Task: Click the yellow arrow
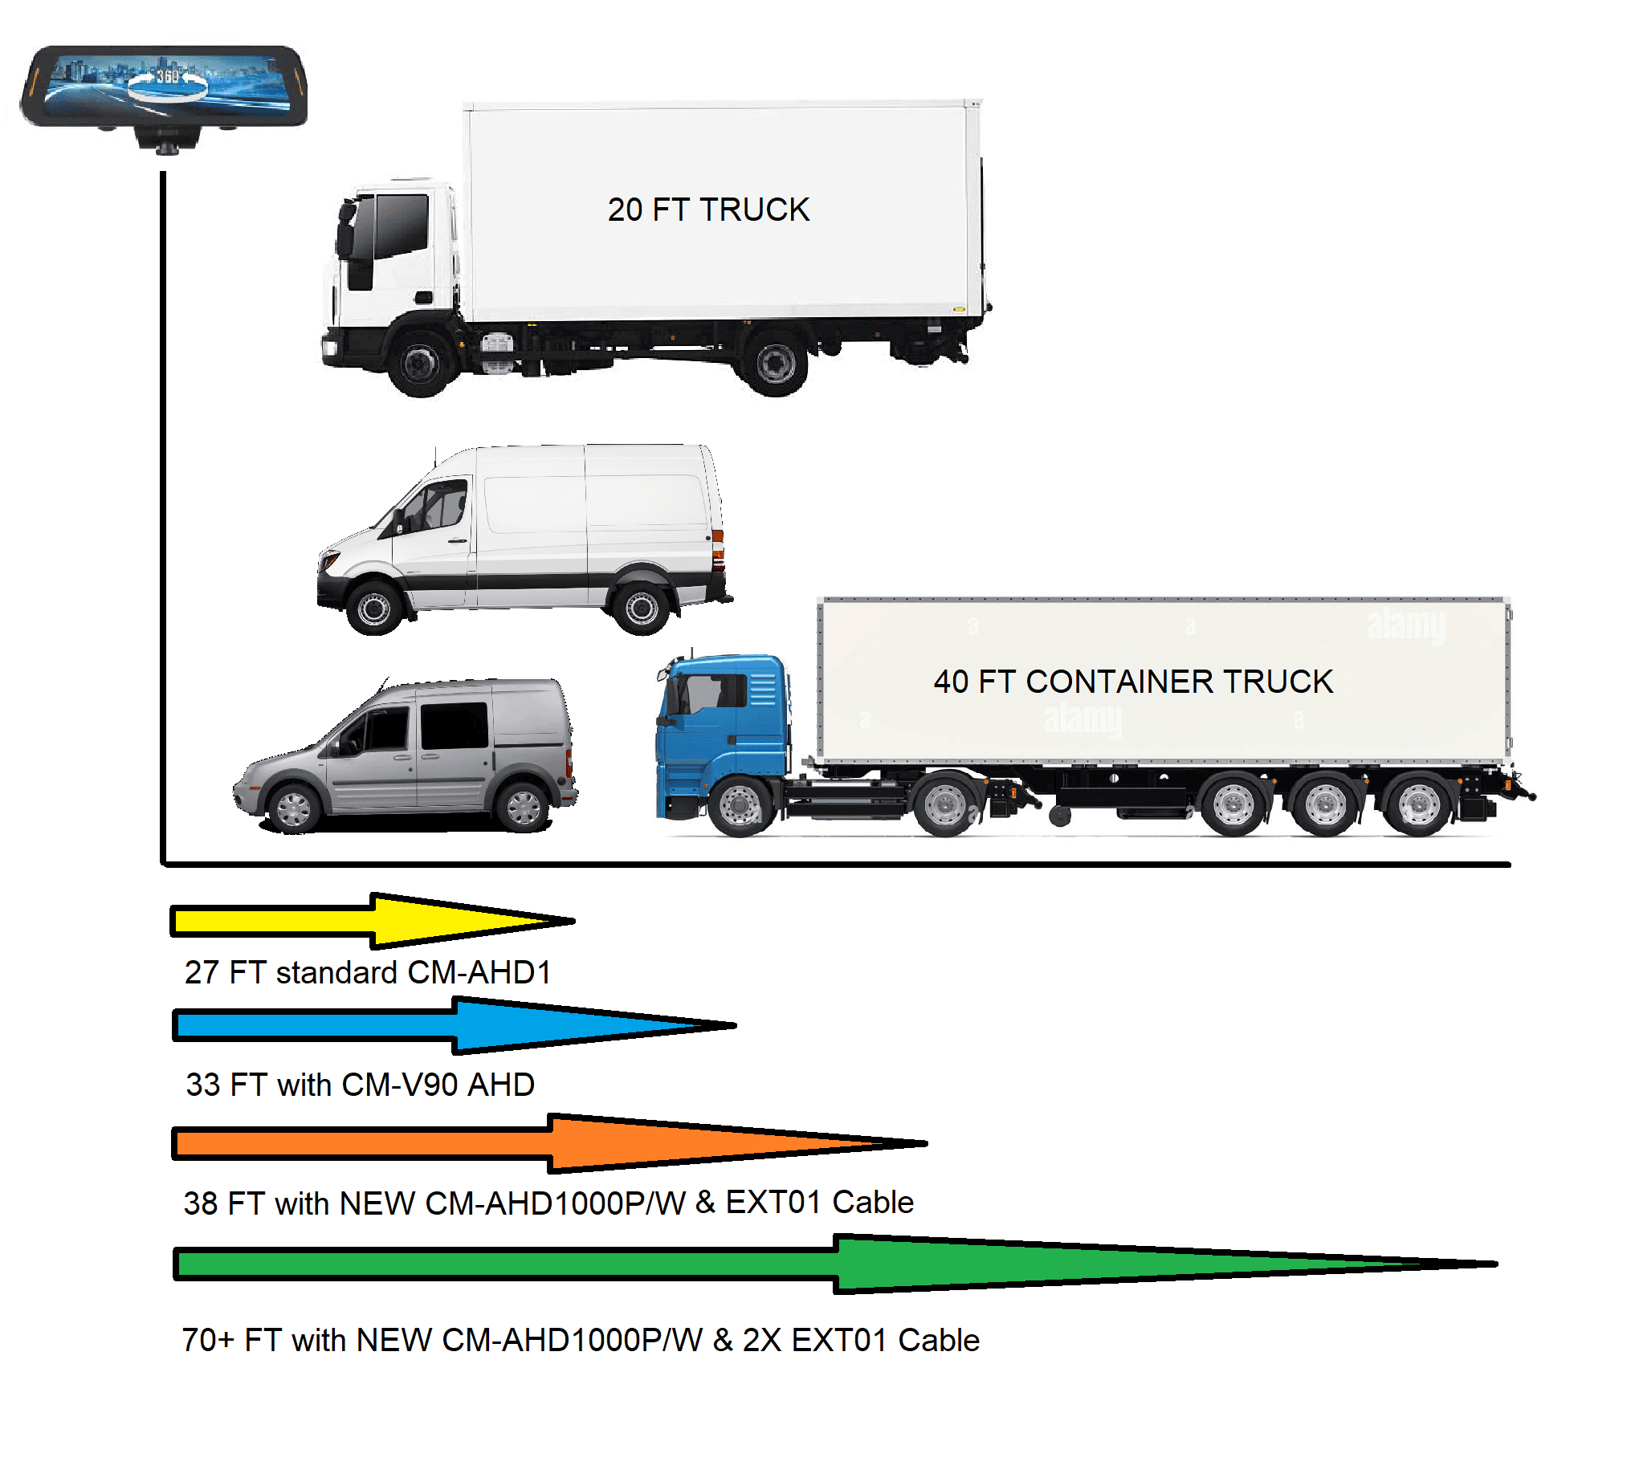tap(373, 921)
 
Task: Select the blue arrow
tap(454, 1025)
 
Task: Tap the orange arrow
tap(550, 1143)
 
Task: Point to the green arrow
tap(835, 1264)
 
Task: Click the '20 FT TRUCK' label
tap(707, 210)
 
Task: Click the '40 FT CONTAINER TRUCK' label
tap(1133, 682)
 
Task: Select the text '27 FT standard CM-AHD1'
tap(368, 972)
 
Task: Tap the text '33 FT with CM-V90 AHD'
tap(360, 1085)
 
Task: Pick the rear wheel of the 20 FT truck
tap(775, 362)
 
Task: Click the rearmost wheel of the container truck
tap(1418, 804)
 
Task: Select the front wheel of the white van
tap(374, 607)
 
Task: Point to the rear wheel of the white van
tap(641, 607)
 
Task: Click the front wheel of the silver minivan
tap(293, 808)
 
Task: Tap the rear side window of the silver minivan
tap(454, 726)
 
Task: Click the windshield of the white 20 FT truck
tap(401, 226)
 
